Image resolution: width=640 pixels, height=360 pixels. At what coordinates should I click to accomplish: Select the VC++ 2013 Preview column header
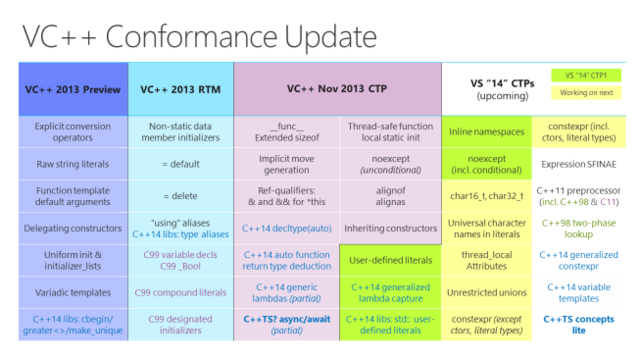click(73, 89)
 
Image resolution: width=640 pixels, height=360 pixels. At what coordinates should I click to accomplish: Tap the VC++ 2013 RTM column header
click(180, 89)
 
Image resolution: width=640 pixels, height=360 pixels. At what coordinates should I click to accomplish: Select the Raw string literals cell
click(73, 163)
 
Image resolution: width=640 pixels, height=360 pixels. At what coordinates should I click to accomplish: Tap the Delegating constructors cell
click(73, 229)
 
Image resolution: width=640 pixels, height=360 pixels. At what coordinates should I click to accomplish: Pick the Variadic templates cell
click(73, 294)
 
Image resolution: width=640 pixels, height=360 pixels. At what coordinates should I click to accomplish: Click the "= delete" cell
click(180, 196)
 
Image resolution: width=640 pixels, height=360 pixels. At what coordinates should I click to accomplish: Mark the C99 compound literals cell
click(180, 294)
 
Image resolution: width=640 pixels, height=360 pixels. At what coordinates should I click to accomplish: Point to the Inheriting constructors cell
click(391, 229)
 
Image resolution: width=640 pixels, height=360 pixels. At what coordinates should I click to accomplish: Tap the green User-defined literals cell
click(391, 261)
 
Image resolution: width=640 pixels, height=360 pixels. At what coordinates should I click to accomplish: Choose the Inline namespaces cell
click(488, 130)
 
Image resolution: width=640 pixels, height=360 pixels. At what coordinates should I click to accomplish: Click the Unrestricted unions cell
click(488, 294)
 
